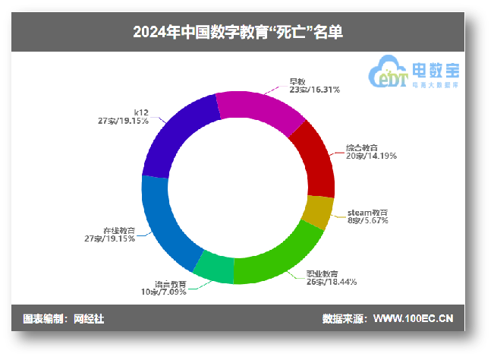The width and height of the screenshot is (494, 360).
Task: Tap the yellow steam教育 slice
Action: pyautogui.click(x=319, y=212)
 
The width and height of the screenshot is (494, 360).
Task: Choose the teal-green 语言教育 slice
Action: pyautogui.click(x=215, y=267)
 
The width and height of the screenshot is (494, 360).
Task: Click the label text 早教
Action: pyautogui.click(x=297, y=81)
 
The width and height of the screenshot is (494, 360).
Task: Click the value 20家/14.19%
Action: pyautogui.click(x=372, y=156)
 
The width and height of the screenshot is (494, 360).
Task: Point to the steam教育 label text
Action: pyautogui.click(x=367, y=212)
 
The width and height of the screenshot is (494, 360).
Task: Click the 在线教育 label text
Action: pyautogui.click(x=119, y=230)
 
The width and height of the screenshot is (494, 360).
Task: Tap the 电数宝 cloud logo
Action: pyautogui.click(x=414, y=74)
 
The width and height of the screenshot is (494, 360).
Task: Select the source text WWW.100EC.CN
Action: pyautogui.click(x=413, y=319)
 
